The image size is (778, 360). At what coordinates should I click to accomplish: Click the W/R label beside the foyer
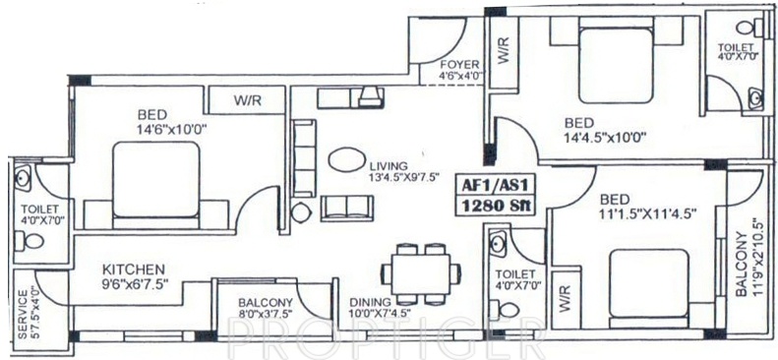click(503, 52)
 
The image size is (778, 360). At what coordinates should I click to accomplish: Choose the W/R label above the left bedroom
click(246, 99)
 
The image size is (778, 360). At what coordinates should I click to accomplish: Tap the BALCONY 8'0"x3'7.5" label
click(265, 309)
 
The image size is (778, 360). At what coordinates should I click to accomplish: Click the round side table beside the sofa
click(300, 210)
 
